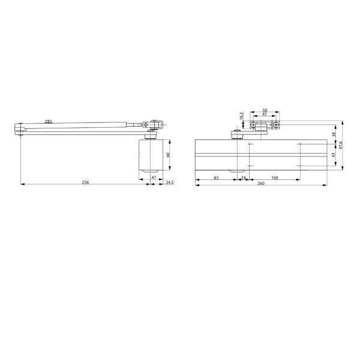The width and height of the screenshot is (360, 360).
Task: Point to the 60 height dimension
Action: (169, 155)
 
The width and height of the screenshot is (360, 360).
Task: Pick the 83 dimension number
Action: (216, 178)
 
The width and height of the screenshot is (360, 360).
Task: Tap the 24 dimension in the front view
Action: (244, 178)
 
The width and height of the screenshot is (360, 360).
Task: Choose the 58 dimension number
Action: (264, 111)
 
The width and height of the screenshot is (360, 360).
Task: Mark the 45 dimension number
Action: (264, 115)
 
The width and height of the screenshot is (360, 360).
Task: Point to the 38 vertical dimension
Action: (334, 135)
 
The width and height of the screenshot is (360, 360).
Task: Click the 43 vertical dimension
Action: (334, 155)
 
